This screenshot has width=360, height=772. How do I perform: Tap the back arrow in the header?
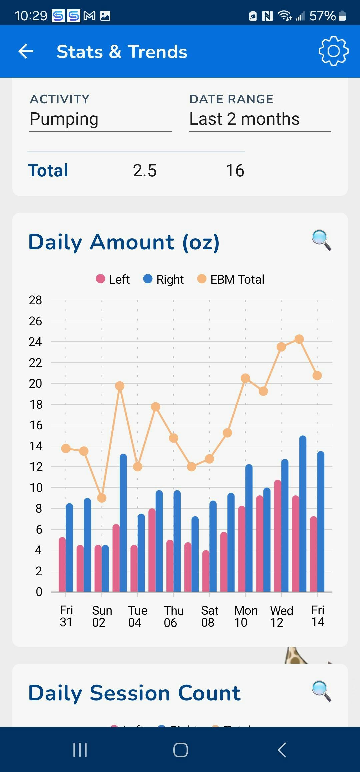26,51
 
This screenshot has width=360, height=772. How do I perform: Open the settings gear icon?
333,51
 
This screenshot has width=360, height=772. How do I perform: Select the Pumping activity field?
100,119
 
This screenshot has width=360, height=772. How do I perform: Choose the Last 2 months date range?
259,119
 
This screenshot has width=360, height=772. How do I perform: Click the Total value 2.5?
145,171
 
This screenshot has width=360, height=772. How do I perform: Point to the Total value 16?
235,171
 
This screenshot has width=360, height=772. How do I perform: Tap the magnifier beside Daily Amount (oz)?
321,240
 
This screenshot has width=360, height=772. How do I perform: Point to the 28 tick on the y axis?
35,300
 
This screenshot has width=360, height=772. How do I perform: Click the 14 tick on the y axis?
36,446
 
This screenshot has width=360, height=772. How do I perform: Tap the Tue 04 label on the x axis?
137,616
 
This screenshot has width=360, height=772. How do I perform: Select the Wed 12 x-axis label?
281,616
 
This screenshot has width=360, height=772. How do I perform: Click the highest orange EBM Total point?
299,339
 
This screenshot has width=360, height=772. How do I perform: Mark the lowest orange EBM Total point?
102,498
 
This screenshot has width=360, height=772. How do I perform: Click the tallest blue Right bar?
303,513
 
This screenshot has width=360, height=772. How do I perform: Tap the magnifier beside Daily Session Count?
321,691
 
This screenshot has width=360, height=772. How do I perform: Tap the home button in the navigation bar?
180,750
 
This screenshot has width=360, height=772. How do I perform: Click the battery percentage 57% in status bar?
322,16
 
